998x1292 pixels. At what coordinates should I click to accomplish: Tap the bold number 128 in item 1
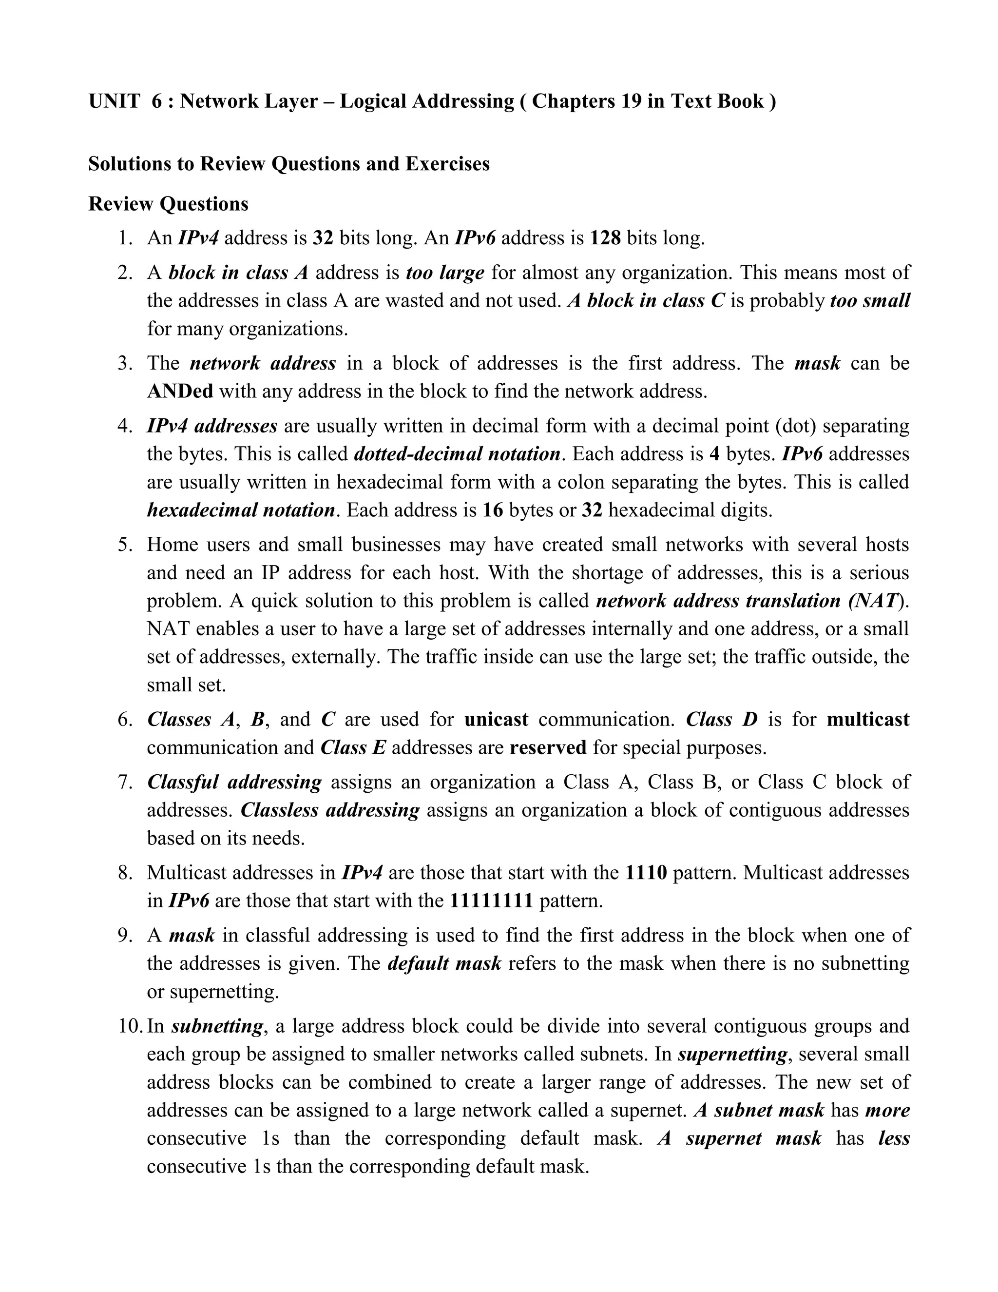[605, 238]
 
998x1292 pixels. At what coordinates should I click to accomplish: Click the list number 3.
[125, 363]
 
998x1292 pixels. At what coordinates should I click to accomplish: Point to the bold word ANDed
[180, 392]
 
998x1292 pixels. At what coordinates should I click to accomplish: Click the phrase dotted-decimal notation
[457, 454]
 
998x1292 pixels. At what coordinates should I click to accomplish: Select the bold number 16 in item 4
[493, 510]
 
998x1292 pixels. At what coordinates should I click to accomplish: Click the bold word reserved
[547, 748]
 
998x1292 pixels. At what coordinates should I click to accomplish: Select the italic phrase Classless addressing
[330, 810]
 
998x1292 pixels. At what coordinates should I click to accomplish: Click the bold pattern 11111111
[491, 901]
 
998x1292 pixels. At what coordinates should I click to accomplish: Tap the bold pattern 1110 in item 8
[646, 873]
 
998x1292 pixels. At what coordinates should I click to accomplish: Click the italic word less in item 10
[893, 1139]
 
